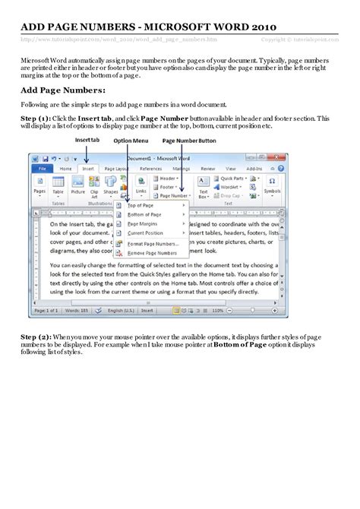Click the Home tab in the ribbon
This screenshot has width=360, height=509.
(66, 168)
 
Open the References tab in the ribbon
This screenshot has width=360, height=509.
(150, 168)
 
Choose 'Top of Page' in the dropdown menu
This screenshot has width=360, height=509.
(141, 205)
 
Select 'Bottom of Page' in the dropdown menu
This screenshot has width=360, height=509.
(145, 215)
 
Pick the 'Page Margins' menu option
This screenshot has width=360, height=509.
(143, 224)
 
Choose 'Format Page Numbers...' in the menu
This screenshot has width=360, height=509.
(153, 243)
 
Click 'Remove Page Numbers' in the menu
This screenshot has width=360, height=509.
(152, 252)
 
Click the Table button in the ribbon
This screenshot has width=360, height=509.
(58, 186)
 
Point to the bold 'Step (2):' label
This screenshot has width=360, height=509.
(36, 356)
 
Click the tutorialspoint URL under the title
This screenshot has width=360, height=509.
(118, 39)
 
